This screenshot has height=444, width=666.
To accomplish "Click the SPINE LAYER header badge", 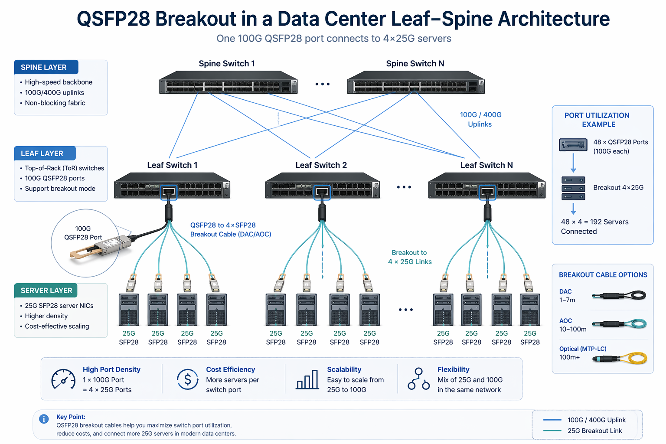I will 46,67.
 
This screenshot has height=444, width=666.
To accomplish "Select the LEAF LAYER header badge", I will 45,153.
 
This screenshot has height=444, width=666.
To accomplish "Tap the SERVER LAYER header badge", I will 46,291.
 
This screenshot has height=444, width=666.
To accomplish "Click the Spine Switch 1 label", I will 227,64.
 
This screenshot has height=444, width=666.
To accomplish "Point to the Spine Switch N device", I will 415,82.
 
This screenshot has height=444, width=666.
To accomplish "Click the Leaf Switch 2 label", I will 321,165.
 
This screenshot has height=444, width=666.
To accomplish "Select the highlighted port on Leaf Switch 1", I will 169,192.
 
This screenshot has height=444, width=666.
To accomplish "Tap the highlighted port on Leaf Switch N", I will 487,192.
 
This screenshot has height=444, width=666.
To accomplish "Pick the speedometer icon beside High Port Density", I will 63,380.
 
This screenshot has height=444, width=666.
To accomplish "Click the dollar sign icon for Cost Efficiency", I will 187,380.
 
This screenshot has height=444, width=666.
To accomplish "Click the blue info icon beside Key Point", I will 44,419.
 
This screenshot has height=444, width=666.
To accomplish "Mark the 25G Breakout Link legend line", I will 552,431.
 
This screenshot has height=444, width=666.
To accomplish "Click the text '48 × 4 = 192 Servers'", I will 594,222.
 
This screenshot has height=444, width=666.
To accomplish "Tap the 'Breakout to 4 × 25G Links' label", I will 410,257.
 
